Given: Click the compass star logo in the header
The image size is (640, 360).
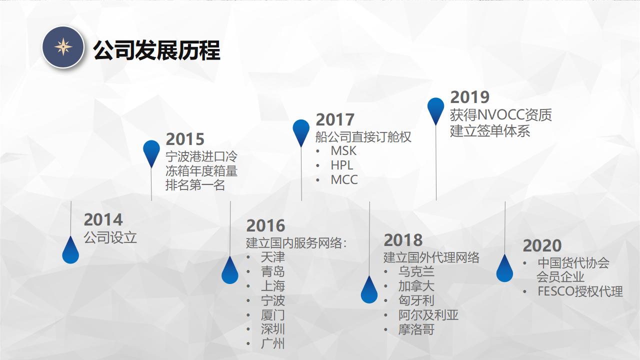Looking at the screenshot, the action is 63,47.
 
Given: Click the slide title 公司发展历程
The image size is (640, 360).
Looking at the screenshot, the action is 156,50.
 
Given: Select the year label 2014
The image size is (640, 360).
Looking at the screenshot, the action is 103,219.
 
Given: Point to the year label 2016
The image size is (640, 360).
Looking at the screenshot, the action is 265,225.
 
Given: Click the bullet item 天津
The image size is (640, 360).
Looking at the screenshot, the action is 273,257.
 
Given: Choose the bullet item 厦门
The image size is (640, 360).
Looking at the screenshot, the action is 273,315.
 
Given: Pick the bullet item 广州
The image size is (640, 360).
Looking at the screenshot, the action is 273,343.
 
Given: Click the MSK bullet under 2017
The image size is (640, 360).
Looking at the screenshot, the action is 343,151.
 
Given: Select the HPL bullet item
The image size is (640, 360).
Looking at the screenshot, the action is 341,165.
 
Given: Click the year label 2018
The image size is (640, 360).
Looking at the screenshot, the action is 403,240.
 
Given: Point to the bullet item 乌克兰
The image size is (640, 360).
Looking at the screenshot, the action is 416,271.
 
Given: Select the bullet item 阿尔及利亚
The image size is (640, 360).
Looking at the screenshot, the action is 428,315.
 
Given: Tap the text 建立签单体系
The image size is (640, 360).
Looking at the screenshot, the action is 490,131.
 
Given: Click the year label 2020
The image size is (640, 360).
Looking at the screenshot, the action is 542,245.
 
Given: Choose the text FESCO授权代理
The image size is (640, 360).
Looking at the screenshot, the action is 580,291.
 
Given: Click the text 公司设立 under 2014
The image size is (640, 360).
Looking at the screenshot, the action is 110,237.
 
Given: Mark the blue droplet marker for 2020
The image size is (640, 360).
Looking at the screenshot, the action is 504,268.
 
